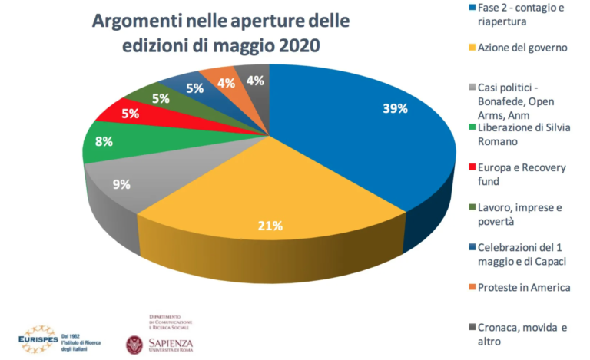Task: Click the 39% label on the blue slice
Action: point(394,108)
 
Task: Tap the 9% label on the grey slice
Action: point(121,184)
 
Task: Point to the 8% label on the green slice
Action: point(104,142)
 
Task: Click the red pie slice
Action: point(119,114)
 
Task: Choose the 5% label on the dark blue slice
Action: point(194,88)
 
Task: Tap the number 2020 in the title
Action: point(291,46)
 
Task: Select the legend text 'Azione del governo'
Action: point(522,48)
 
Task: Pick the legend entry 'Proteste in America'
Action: point(524,287)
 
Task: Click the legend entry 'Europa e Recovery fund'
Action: point(519,173)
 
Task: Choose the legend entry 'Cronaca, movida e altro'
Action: point(522,334)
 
